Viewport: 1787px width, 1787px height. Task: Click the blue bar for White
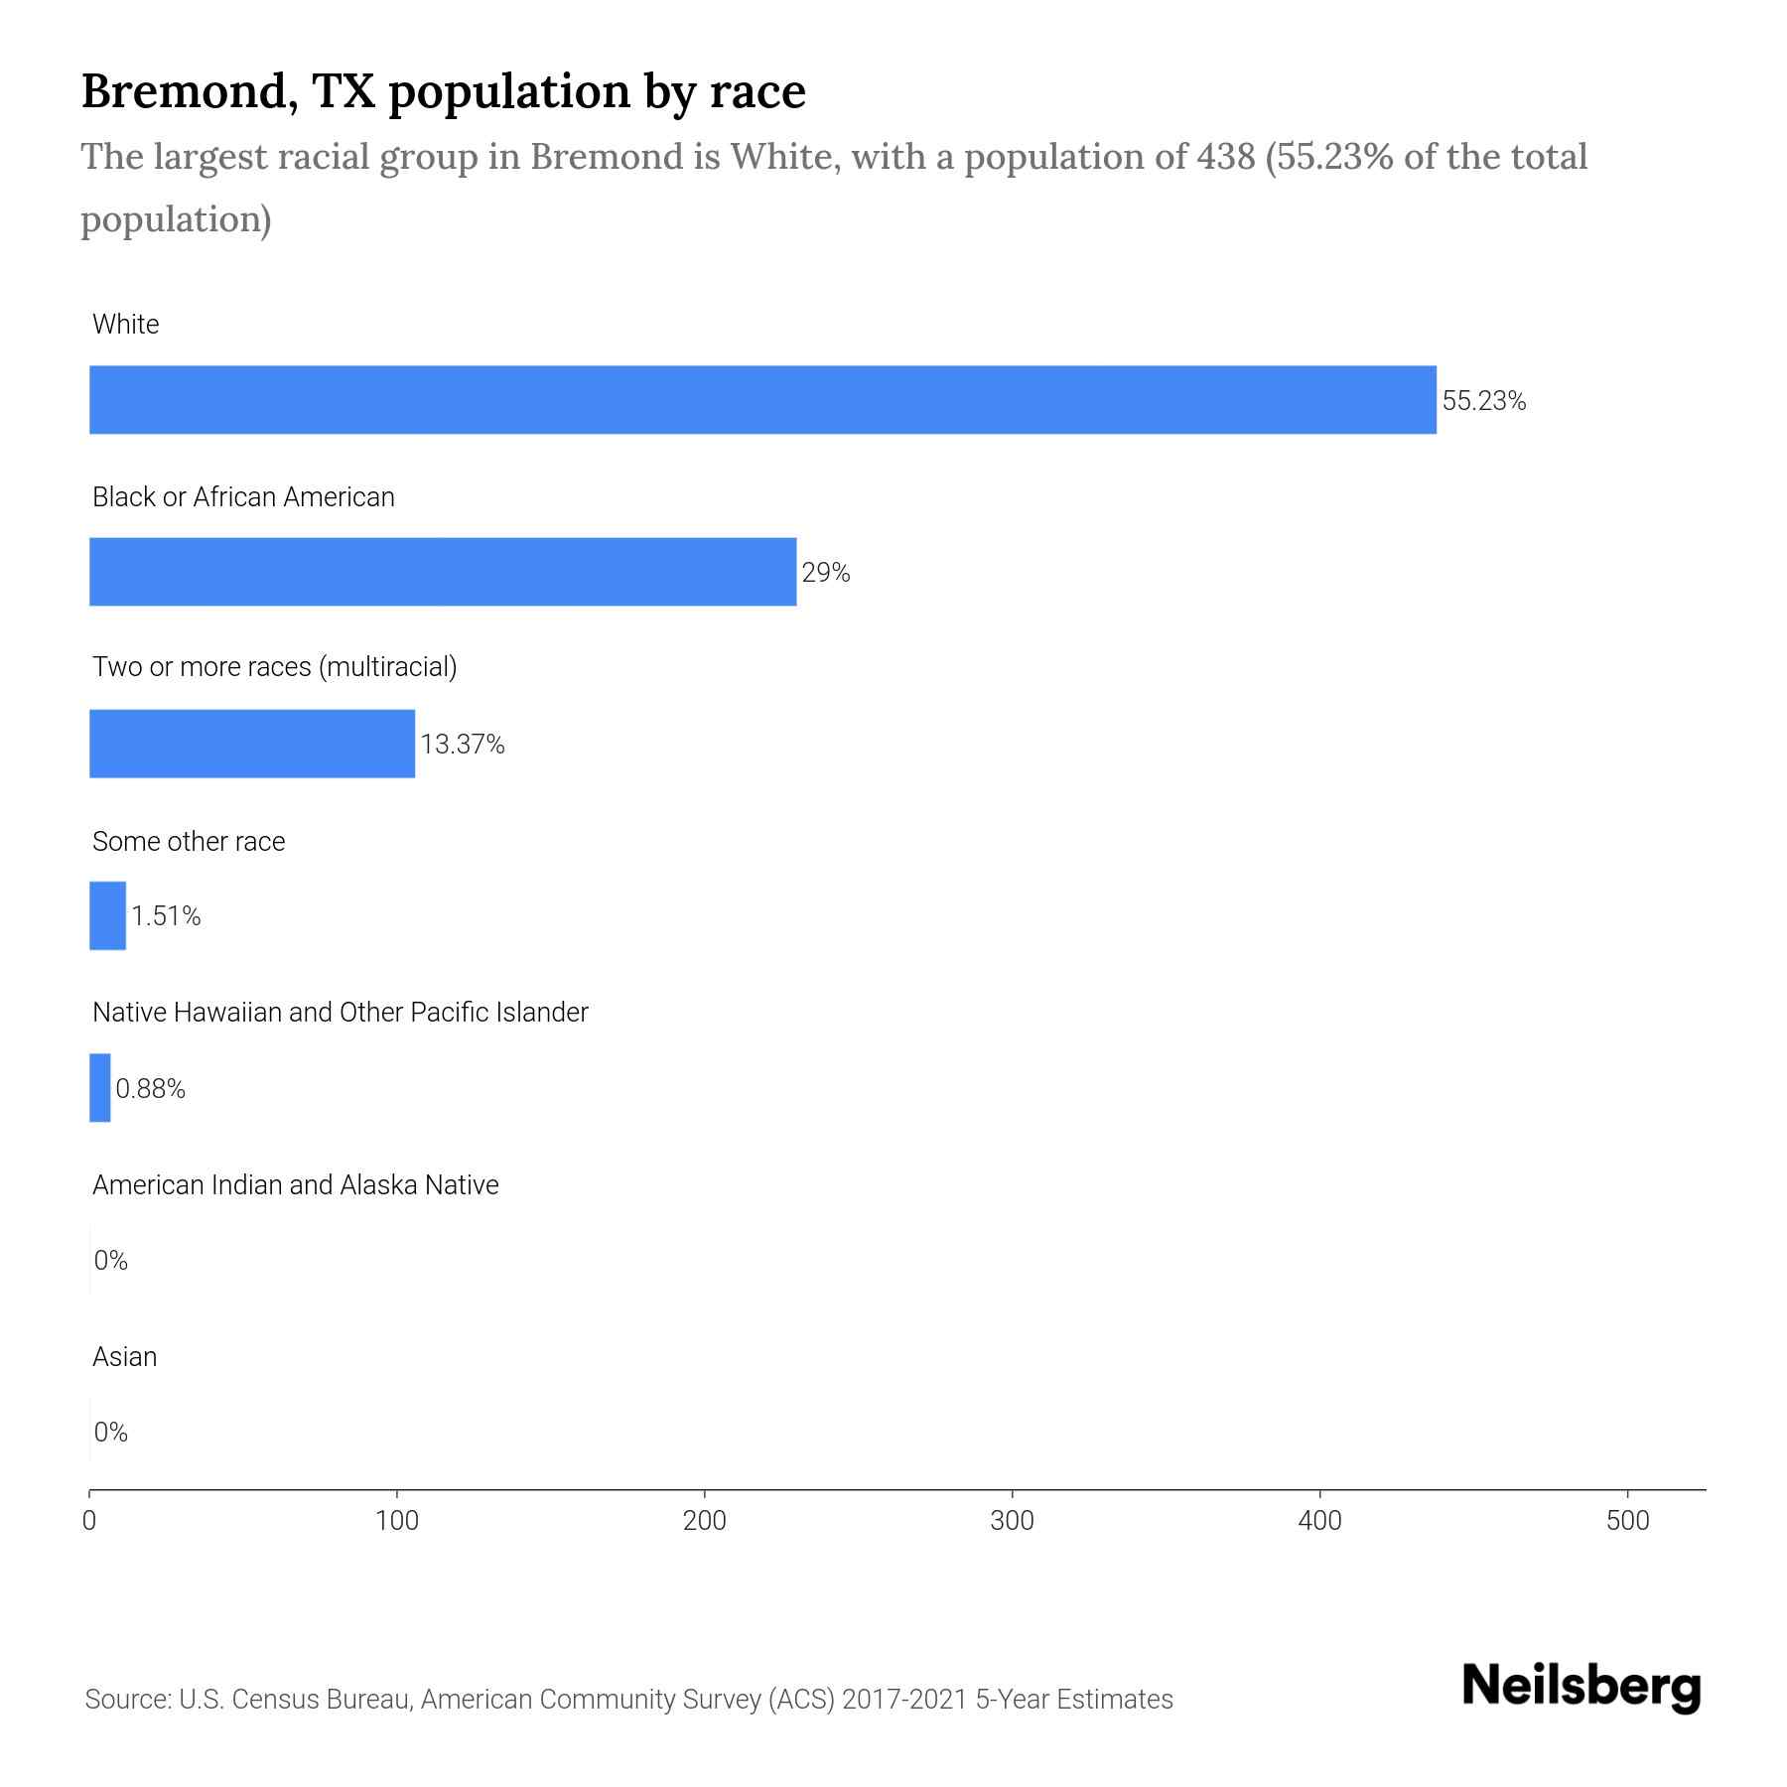762,400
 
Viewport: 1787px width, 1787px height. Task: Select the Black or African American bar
443,572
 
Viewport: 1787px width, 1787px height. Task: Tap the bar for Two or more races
252,744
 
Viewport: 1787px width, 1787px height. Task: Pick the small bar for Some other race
107,915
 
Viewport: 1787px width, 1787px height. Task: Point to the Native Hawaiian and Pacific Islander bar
99,1088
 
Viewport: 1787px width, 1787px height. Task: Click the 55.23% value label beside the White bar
1483,401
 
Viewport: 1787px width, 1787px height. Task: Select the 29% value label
826,573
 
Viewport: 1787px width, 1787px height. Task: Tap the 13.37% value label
463,745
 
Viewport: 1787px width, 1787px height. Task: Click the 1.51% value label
166,916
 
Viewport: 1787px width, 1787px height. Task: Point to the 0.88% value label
151,1089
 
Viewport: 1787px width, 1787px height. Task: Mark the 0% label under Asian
111,1432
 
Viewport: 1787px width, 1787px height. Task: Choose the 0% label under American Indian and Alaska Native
111,1261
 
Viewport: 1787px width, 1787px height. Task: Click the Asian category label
125,1357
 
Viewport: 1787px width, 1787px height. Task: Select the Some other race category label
189,842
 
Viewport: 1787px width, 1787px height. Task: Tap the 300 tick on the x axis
1013,1521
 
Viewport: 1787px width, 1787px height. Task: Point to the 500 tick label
1627,1521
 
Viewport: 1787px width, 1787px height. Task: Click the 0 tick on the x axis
89,1521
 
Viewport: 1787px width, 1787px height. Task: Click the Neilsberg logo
1581,1687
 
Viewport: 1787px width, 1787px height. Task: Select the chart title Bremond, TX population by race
443,91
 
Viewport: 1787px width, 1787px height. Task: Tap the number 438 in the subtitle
1226,157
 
